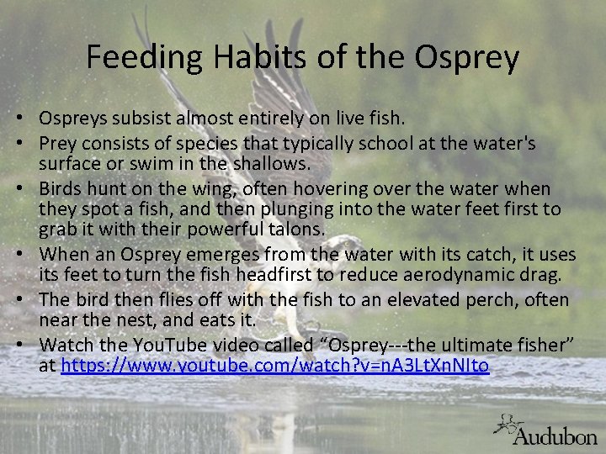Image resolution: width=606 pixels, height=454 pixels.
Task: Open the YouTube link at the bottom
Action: coord(275,366)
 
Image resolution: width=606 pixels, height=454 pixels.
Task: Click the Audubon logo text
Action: coord(555,436)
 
